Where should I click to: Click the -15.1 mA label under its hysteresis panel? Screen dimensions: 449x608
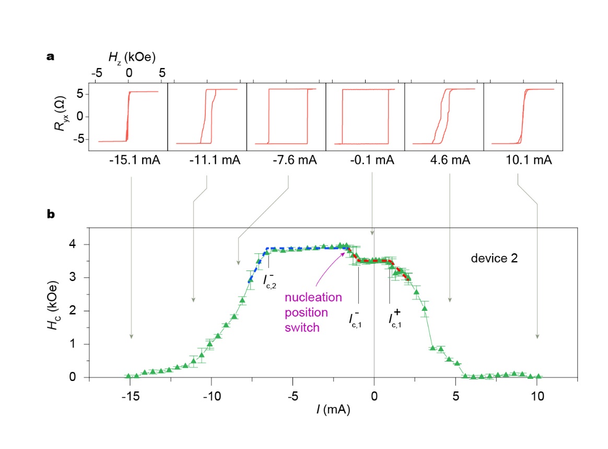coord(135,161)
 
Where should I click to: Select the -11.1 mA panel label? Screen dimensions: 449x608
coord(215,161)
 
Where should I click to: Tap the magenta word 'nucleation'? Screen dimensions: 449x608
coord(313,298)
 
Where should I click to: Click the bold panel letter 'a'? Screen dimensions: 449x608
coord(51,57)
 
